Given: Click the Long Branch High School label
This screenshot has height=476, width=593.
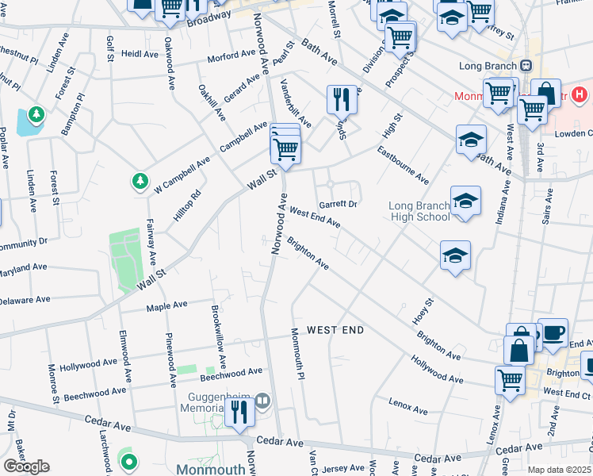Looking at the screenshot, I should [x=419, y=212].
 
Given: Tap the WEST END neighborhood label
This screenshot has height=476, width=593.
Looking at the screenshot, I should [x=334, y=330].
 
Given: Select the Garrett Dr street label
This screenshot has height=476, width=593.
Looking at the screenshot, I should [x=339, y=203].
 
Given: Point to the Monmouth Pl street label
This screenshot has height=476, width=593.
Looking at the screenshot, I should [x=299, y=354].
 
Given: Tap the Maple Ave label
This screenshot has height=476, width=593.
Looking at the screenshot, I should [x=166, y=305].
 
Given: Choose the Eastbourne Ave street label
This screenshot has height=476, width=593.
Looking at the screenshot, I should [x=403, y=164].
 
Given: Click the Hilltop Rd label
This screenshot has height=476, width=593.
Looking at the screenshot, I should [x=187, y=205].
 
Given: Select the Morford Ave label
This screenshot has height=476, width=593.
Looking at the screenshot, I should [x=231, y=56].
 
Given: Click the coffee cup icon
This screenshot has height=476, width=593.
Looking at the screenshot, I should [x=553, y=332].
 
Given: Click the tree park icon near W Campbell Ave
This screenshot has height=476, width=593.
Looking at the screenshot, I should [x=140, y=182].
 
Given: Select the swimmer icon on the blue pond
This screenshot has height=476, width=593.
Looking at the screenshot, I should [x=36, y=116].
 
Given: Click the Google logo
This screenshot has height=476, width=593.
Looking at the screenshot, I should [x=26, y=466].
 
